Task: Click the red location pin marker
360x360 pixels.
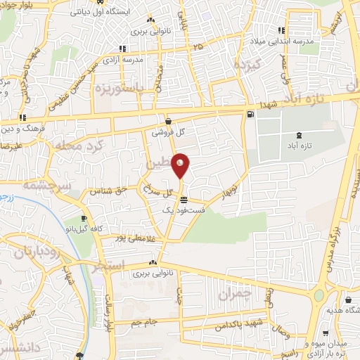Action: click(x=181, y=166)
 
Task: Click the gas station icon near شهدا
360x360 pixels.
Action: click(x=251, y=114)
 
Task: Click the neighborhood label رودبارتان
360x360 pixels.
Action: click(x=32, y=251)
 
